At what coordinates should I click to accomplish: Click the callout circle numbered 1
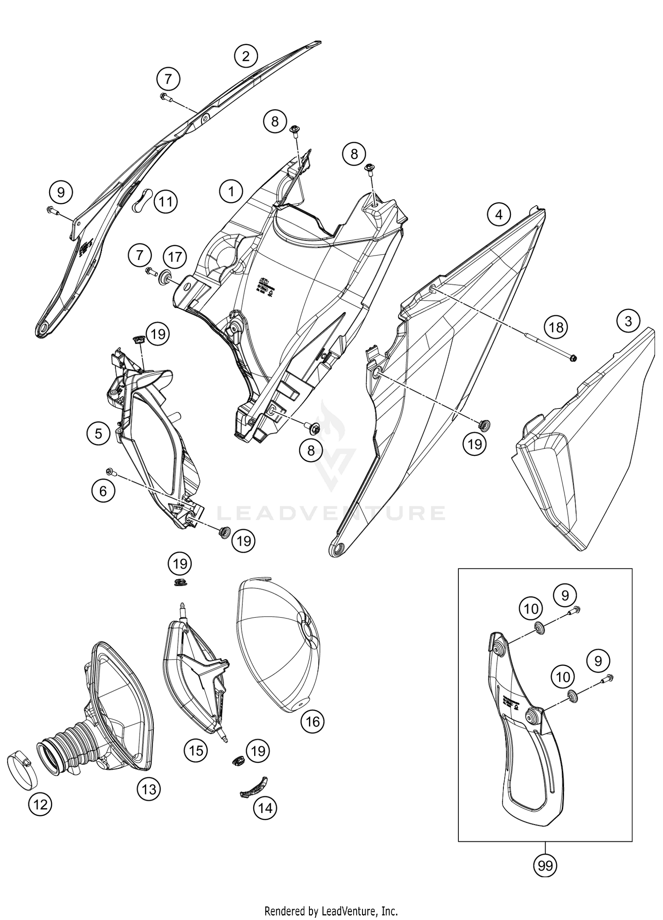point(231,191)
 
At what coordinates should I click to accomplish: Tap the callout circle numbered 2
point(246,56)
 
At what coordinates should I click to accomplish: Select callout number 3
point(628,321)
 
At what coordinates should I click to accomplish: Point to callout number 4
point(499,215)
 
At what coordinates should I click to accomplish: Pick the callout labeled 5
point(98,433)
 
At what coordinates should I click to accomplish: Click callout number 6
point(103,491)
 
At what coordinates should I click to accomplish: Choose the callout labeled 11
point(166,202)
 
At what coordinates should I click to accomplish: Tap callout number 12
point(40,804)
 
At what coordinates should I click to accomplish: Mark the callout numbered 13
point(149,788)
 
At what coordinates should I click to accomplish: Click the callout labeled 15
point(196,750)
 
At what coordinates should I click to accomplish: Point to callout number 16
point(312,721)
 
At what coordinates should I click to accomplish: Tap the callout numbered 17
point(175,257)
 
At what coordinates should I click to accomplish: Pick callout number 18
point(556,327)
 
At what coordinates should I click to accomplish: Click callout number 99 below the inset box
point(545,866)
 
